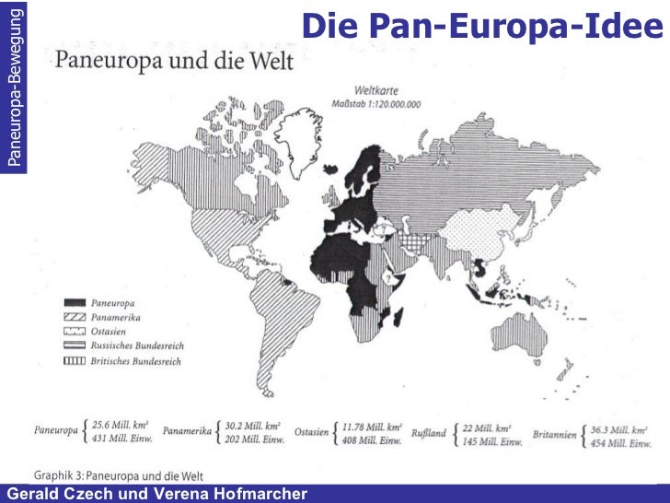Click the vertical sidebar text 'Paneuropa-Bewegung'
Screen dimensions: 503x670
[x=13, y=85]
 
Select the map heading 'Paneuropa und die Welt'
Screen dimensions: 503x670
[x=174, y=61]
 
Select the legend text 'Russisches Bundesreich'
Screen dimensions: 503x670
[x=137, y=345]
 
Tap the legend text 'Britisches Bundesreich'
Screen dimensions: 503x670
[x=136, y=361]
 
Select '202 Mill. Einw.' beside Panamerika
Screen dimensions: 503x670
[x=255, y=440]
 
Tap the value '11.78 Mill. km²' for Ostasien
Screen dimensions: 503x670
[x=372, y=427]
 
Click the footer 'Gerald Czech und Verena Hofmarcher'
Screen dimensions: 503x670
[x=156, y=495]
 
